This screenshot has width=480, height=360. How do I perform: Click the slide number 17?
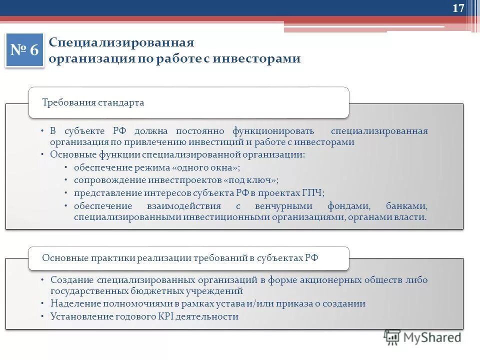coord(458,8)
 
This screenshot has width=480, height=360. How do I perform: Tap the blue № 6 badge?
coord(24,50)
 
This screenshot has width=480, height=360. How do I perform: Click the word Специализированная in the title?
coord(121,43)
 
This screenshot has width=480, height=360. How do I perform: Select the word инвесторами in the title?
coord(256,59)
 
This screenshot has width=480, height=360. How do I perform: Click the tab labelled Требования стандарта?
coord(93,103)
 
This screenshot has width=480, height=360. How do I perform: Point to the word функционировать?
coord(273,131)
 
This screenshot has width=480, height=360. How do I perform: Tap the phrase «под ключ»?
coord(251,180)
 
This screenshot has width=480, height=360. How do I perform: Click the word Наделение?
coord(73,303)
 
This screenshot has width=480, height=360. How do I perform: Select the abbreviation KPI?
coord(163,316)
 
